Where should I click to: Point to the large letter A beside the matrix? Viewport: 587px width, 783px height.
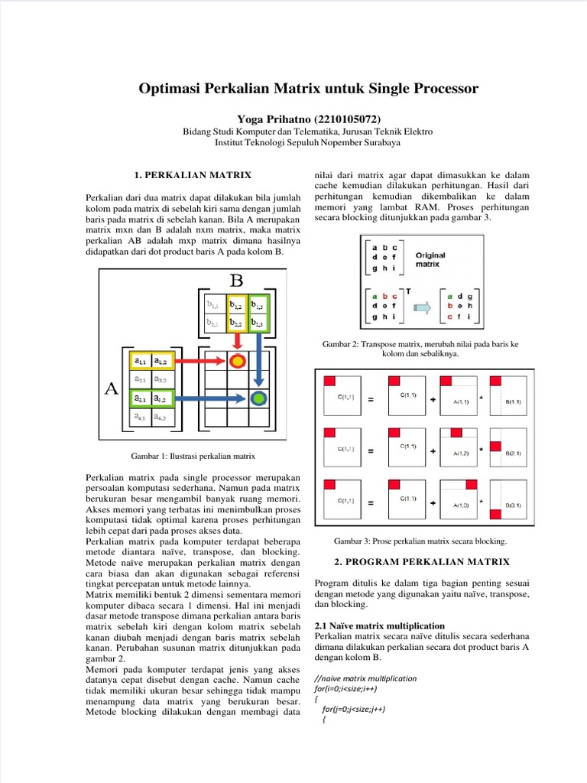pyautogui.click(x=111, y=389)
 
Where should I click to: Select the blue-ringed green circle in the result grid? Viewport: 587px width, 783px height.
pyautogui.click(x=260, y=398)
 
